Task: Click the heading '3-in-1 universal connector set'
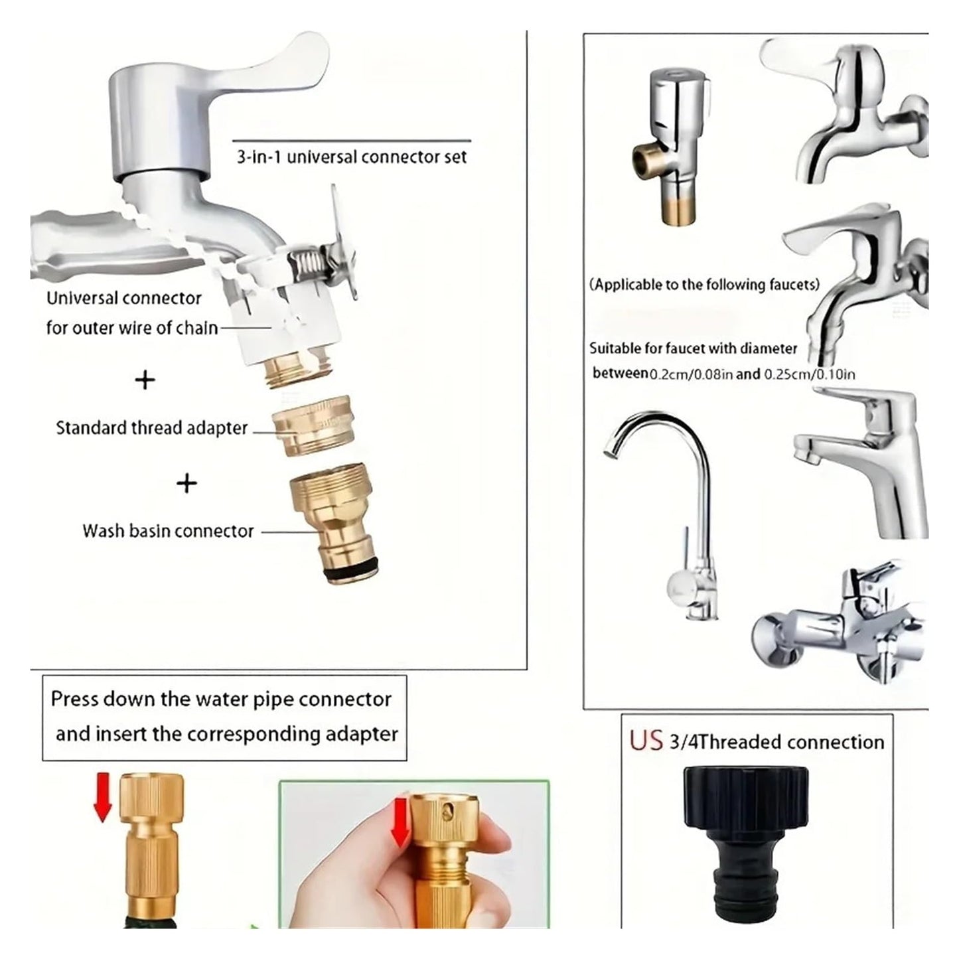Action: point(351,157)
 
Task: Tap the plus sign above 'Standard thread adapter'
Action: point(145,381)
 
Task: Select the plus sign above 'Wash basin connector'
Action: point(186,482)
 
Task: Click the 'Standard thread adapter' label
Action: point(152,428)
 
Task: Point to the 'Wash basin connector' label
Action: point(168,531)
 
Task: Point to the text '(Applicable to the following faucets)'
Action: point(704,285)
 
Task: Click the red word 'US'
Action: point(646,740)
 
